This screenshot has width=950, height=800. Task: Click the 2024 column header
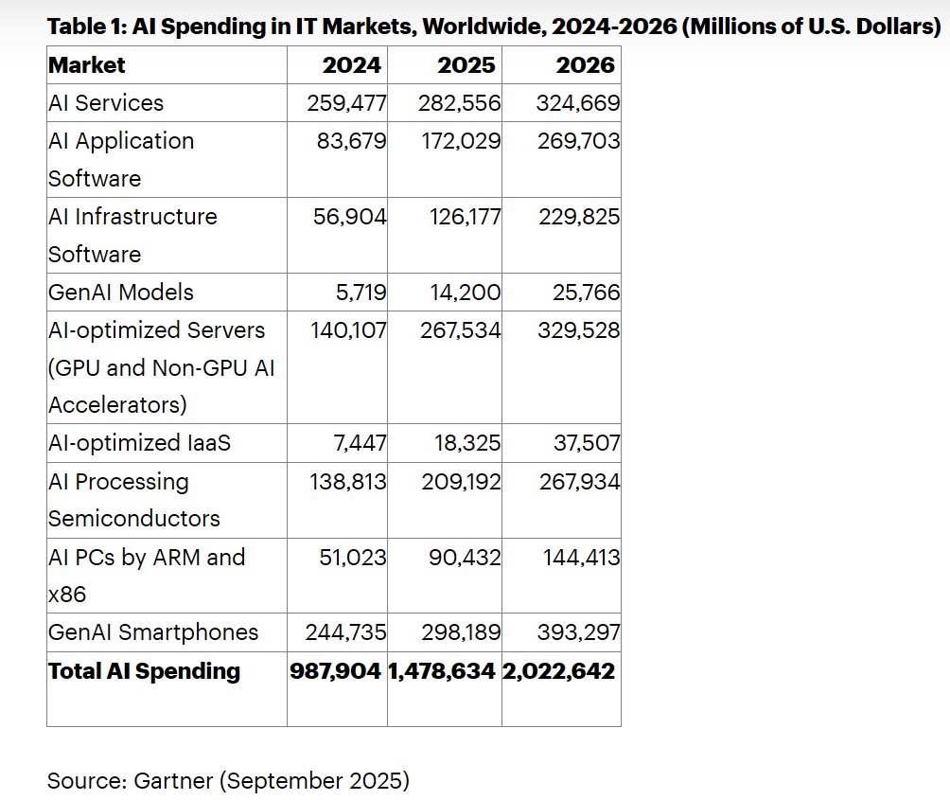click(352, 65)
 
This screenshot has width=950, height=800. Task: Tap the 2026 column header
click(585, 65)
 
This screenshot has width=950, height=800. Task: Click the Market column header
click(87, 65)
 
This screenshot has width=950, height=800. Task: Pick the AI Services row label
click(106, 103)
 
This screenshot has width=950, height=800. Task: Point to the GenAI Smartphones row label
click(153, 632)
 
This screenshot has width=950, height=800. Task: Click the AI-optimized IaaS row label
click(139, 443)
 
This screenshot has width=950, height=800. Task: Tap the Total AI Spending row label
click(144, 671)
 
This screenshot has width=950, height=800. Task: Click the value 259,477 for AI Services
click(346, 103)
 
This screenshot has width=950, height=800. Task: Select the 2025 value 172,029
click(460, 141)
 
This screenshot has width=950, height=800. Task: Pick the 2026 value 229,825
click(579, 217)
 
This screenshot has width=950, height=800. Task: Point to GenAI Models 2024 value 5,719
click(361, 293)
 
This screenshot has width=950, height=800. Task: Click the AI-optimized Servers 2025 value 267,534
click(460, 330)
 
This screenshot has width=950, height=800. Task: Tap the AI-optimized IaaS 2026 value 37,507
click(587, 443)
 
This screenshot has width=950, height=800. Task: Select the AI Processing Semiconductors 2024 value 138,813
click(348, 482)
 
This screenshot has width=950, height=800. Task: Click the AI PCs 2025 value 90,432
click(465, 558)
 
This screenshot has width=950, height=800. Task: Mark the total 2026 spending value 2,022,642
click(558, 671)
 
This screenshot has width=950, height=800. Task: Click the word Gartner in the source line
click(173, 781)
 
